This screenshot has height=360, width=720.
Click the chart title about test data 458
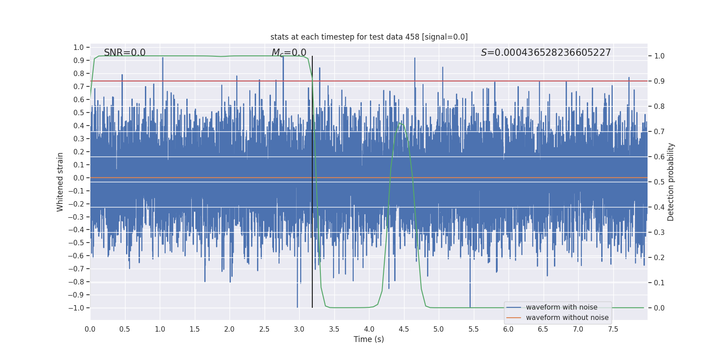pyautogui.click(x=369, y=37)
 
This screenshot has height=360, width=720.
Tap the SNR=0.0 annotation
pyautogui.click(x=125, y=53)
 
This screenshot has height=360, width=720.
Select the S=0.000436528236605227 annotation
pyautogui.click(x=546, y=53)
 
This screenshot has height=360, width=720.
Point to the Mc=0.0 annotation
pyautogui.click(x=289, y=53)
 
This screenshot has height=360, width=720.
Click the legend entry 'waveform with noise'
pyautogui.click(x=561, y=307)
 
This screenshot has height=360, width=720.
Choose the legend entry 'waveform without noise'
pyautogui.click(x=567, y=318)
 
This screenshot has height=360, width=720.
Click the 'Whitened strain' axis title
pyautogui.click(x=60, y=182)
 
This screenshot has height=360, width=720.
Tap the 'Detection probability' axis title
pyautogui.click(x=671, y=182)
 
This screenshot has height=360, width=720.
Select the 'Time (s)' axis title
pyautogui.click(x=369, y=339)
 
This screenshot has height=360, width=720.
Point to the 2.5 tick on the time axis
pyautogui.click(x=264, y=329)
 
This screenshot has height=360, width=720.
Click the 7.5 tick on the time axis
pyautogui.click(x=613, y=329)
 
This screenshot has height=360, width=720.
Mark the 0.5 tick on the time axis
pyautogui.click(x=125, y=329)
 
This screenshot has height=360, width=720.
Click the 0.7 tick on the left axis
pyautogui.click(x=79, y=86)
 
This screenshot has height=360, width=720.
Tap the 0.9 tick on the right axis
pyautogui.click(x=659, y=81)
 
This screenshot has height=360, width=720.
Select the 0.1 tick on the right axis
pyautogui.click(x=659, y=283)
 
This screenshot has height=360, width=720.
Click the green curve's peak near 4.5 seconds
pyautogui.click(x=400, y=123)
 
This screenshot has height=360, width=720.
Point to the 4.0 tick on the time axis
pyautogui.click(x=369, y=329)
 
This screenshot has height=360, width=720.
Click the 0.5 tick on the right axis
pyautogui.click(x=659, y=182)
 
